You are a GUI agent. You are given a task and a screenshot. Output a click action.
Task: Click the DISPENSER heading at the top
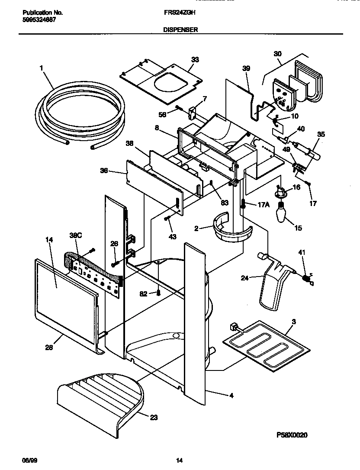180,30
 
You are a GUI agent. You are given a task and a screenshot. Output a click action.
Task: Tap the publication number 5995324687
39,20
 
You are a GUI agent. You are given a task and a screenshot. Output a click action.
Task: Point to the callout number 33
195,60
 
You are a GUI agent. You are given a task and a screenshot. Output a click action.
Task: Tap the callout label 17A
264,205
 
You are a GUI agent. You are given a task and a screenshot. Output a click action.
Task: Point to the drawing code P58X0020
292,435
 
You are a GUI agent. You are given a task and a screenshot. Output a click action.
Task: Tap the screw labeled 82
159,293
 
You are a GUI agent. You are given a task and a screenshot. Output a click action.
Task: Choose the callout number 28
49,347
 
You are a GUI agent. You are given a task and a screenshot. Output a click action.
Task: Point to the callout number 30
277,54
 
